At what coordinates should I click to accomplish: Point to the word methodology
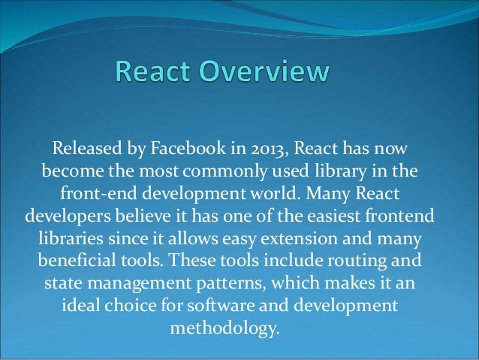(223, 331)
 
